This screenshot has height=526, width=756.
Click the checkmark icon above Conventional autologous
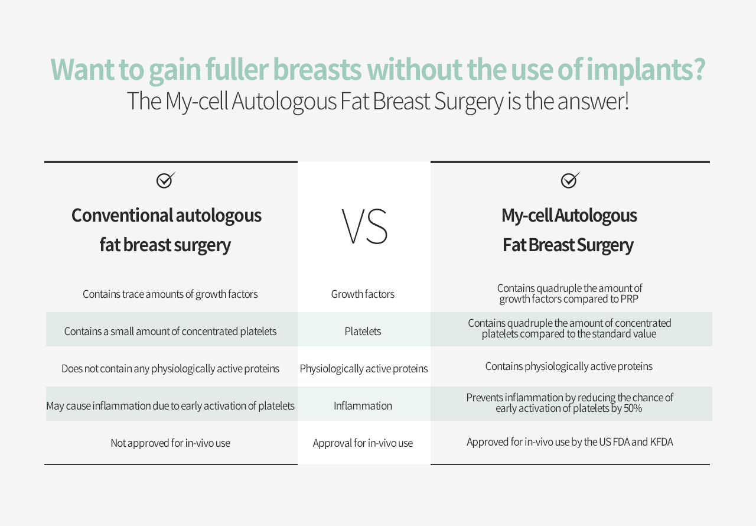(x=165, y=180)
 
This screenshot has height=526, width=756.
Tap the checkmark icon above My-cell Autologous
(x=570, y=180)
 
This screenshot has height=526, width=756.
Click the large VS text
(x=364, y=226)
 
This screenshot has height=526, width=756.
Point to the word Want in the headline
(x=82, y=70)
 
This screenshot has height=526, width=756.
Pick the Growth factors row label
(x=363, y=294)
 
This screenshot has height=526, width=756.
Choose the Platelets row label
(x=363, y=331)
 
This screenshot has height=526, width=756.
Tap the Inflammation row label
(x=363, y=405)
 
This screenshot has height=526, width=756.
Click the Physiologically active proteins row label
(x=364, y=369)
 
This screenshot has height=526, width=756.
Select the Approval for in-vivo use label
(x=363, y=443)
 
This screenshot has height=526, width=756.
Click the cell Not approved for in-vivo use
(x=171, y=443)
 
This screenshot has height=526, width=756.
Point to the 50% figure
(x=633, y=408)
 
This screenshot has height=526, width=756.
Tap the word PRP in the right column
(x=630, y=299)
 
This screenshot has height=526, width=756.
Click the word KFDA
(x=662, y=442)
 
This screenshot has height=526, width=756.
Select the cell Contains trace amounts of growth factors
(x=170, y=294)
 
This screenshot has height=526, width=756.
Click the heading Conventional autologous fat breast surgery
(x=166, y=230)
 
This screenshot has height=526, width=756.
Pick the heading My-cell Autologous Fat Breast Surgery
(x=569, y=230)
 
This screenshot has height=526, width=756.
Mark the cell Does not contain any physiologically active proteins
(x=171, y=369)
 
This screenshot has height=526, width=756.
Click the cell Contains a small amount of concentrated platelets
(x=170, y=332)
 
